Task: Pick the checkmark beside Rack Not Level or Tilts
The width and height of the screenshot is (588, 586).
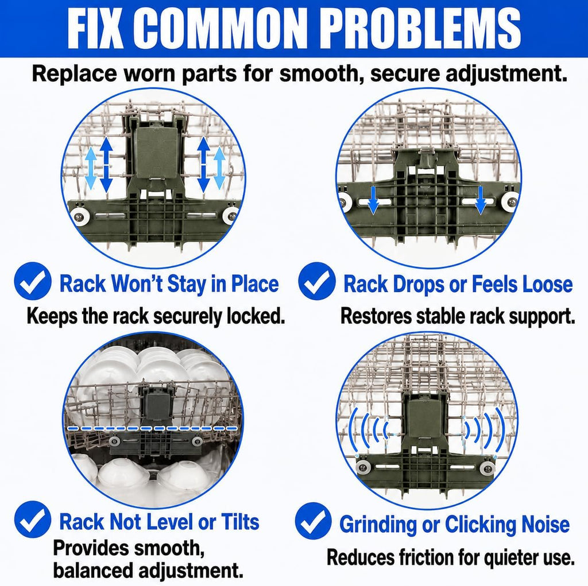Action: [33, 519]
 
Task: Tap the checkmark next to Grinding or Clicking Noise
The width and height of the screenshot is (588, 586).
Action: [314, 521]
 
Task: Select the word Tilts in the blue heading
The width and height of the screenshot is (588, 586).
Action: [240, 522]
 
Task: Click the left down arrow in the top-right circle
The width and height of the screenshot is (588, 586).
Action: [373, 200]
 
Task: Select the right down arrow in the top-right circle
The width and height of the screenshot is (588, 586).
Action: [481, 200]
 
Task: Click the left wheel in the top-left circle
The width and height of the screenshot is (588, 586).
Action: [79, 216]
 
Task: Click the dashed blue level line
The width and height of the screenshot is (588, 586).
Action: [153, 428]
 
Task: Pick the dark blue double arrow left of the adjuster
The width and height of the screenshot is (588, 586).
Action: [106, 165]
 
